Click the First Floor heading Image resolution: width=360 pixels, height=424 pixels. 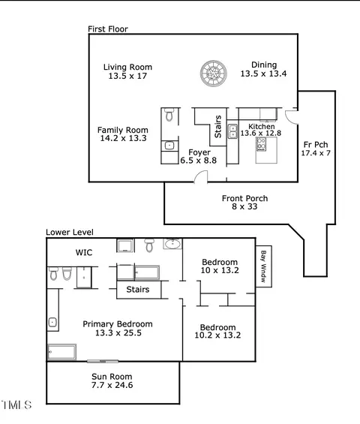(x=108, y=29)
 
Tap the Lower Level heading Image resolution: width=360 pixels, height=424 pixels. (x=70, y=232)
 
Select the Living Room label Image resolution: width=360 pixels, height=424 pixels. (x=127, y=67)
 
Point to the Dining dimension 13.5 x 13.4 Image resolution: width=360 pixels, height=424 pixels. (x=263, y=74)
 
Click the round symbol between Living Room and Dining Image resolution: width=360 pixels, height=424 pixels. (x=214, y=74)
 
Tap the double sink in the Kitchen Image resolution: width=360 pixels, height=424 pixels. (x=232, y=131)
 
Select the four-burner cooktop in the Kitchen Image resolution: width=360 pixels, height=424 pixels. (x=261, y=144)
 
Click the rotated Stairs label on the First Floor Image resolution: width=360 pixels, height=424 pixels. (x=217, y=127)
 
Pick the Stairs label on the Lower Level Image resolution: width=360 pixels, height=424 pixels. (x=138, y=290)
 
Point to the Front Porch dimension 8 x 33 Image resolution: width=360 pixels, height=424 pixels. (x=244, y=206)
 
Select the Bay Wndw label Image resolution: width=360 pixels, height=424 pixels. (x=263, y=266)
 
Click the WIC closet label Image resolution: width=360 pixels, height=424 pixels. (x=84, y=252)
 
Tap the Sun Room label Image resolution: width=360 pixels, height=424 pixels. (x=112, y=377)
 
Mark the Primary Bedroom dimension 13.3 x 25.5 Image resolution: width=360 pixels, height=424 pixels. (x=118, y=332)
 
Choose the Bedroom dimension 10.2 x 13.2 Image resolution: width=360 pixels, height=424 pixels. (x=217, y=335)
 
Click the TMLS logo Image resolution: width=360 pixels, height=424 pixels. (x=16, y=404)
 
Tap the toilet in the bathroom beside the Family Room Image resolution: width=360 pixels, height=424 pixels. (x=169, y=114)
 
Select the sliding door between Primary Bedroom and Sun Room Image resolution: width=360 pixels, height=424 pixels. (x=103, y=361)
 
